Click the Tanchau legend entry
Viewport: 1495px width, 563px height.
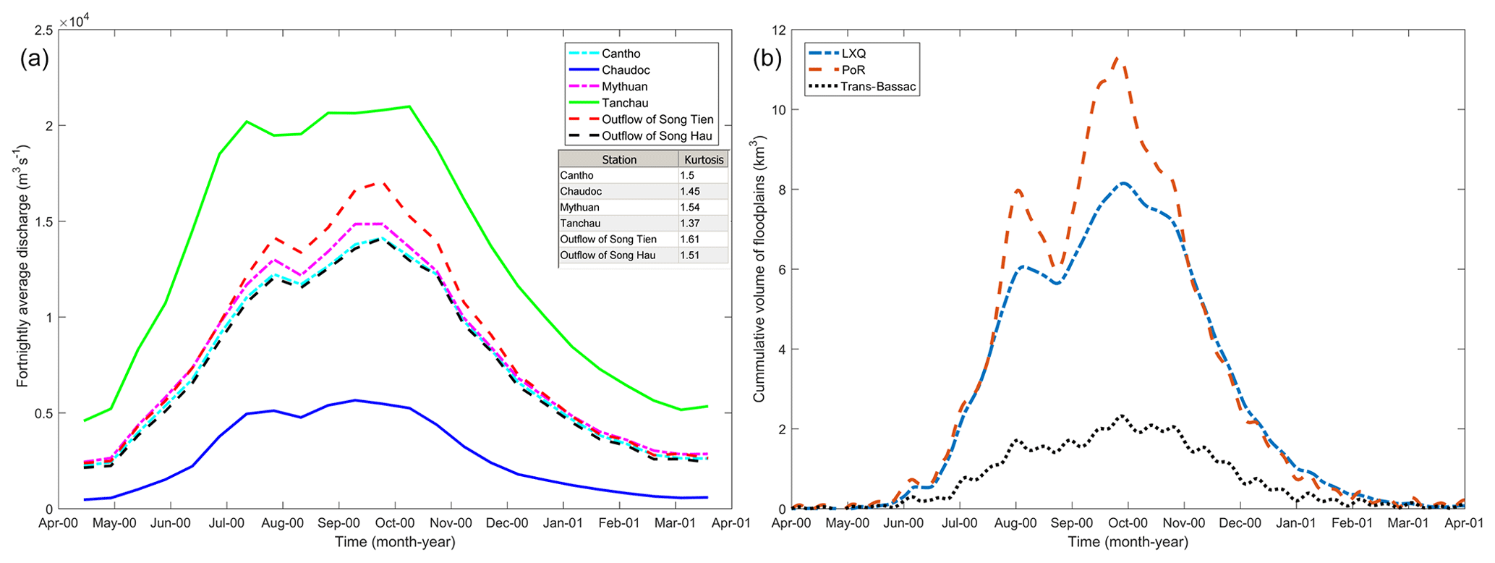coord(625,103)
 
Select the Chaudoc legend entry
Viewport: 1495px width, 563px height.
coord(626,70)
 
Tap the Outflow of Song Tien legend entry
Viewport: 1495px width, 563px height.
coord(657,119)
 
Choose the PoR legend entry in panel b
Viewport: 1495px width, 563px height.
coord(853,70)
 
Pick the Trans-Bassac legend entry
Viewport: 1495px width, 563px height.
coord(878,87)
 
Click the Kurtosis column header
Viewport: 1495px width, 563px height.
coord(703,159)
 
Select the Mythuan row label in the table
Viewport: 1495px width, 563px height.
coord(579,207)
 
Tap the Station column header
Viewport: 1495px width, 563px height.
coord(619,159)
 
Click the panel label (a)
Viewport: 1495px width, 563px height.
coord(34,59)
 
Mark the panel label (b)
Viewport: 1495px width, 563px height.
coord(767,59)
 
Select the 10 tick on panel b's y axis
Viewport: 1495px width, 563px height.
coord(780,110)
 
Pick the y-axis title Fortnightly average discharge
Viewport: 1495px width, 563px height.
coord(22,268)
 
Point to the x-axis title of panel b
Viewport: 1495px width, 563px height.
coord(1128,542)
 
